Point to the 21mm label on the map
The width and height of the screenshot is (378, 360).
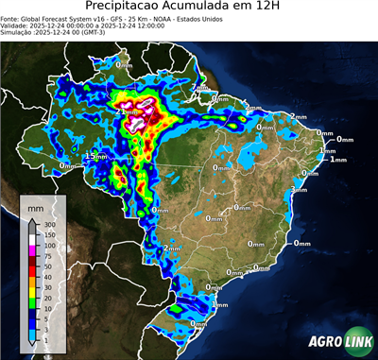pyautogui.click(x=125, y=111)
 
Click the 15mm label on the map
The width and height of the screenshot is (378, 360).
pyautogui.click(x=95, y=156)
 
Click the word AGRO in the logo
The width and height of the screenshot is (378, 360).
pyautogui.click(x=324, y=341)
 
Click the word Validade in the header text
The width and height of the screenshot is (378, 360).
pyautogui.click(x=16, y=26)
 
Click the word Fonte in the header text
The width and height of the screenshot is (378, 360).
pyautogui.click(x=11, y=18)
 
